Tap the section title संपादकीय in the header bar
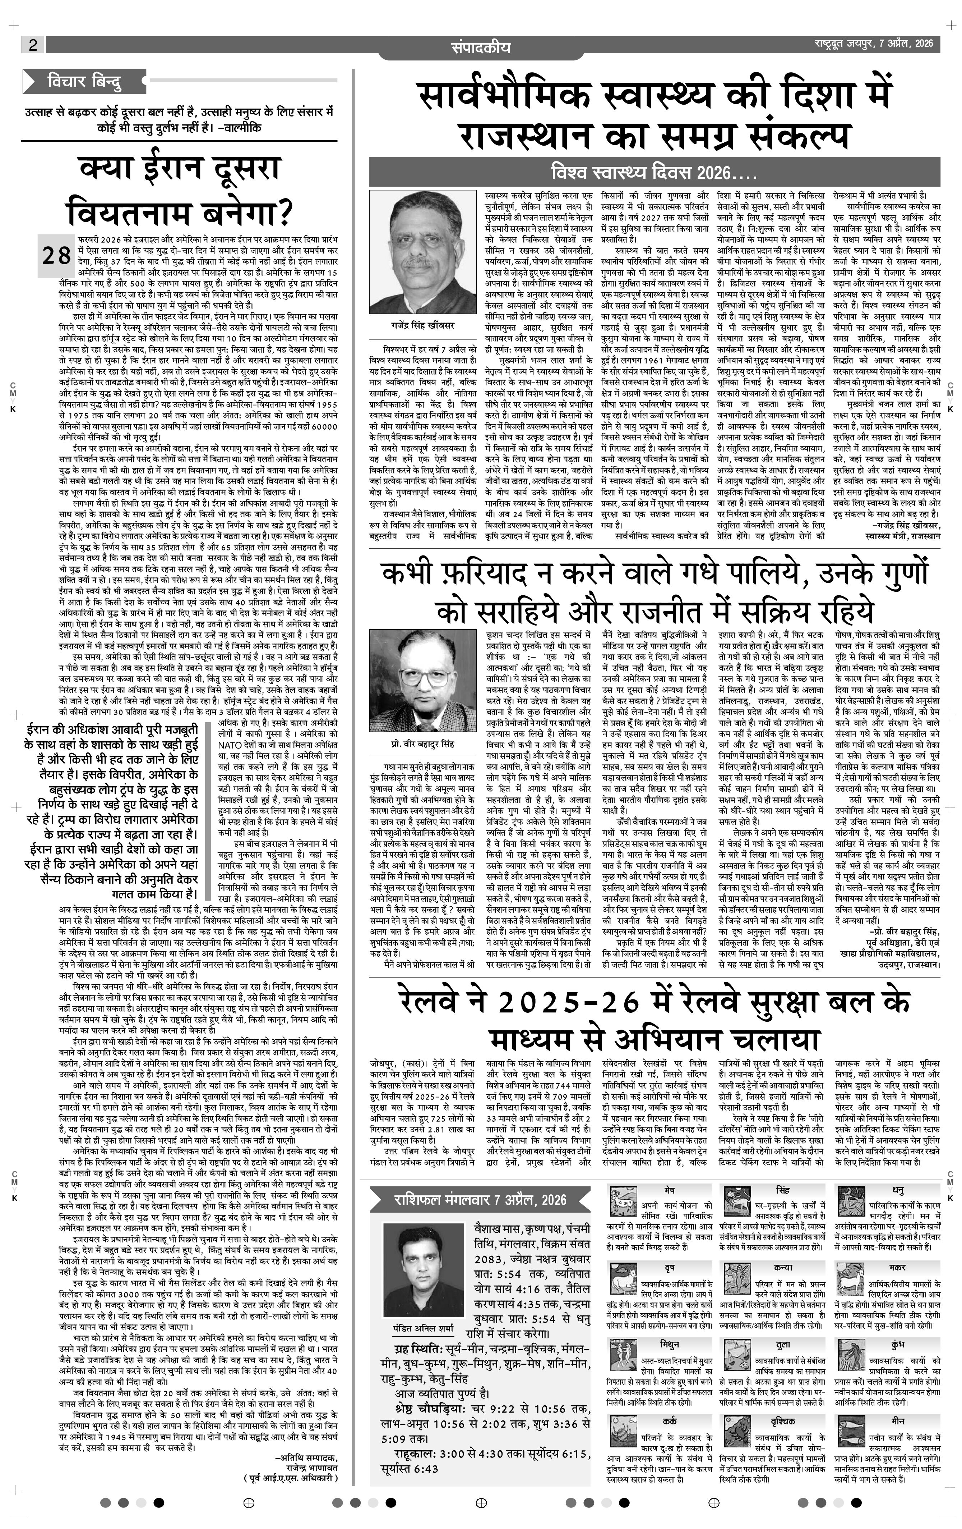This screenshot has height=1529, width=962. [480, 47]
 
